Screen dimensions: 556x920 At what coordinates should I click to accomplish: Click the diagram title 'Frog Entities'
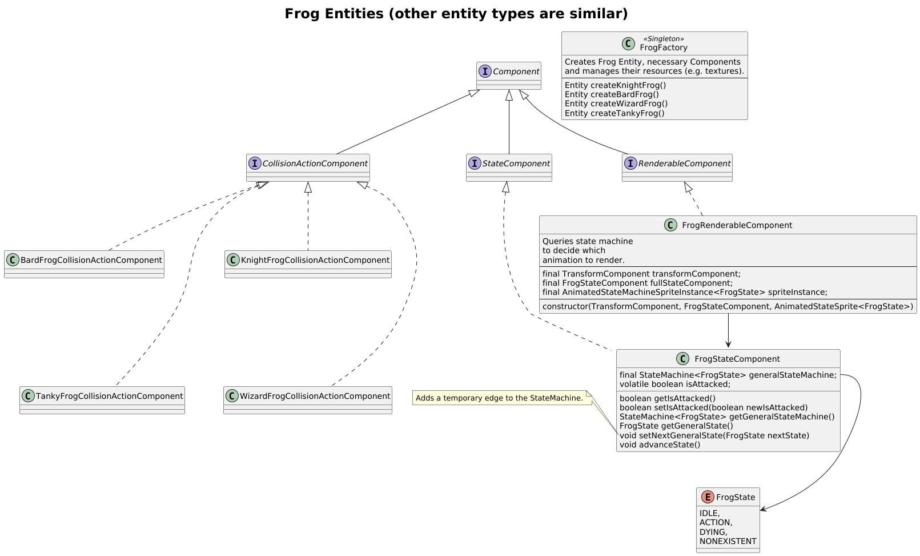(456, 14)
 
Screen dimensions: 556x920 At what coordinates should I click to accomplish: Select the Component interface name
(516, 71)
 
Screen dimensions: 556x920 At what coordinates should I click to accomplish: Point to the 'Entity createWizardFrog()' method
(616, 103)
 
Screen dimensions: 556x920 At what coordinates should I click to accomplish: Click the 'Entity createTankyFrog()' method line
(614, 113)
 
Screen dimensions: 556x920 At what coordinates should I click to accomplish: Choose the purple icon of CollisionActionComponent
(255, 163)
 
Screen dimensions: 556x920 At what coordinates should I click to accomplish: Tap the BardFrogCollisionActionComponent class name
(91, 260)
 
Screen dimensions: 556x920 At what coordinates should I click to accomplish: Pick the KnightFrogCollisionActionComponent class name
(315, 260)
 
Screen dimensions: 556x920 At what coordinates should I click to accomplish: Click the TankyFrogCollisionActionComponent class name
(109, 396)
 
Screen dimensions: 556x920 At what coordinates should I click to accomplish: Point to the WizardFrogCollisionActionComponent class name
(315, 396)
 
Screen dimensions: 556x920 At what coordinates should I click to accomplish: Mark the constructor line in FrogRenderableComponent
(727, 306)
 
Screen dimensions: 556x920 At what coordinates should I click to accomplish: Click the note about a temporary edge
(499, 398)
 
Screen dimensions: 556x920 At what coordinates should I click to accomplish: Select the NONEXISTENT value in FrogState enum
(728, 541)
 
